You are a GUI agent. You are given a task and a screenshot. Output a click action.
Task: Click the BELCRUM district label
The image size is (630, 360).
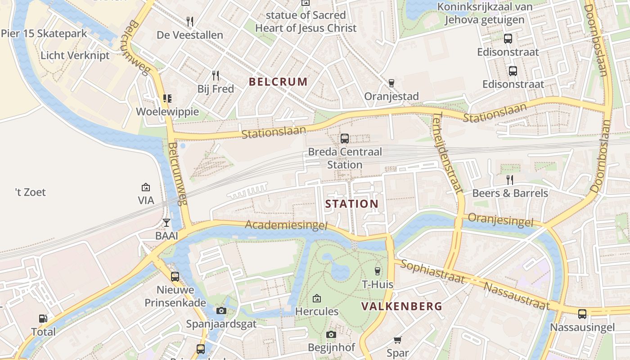(x=278, y=81)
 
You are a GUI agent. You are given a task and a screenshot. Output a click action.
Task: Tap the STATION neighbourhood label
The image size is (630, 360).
(x=351, y=204)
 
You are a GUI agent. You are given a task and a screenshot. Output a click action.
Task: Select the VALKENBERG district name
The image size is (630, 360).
(x=401, y=306)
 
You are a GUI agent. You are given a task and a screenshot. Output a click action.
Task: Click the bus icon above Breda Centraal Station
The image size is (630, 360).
(x=345, y=139)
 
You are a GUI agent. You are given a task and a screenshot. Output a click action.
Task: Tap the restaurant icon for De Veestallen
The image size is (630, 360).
(x=190, y=21)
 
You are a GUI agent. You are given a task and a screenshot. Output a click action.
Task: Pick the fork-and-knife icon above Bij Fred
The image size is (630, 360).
(x=216, y=75)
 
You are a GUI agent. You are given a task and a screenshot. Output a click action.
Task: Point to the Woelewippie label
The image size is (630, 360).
(x=167, y=112)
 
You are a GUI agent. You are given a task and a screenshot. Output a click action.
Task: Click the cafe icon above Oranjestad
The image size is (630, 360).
(x=391, y=83)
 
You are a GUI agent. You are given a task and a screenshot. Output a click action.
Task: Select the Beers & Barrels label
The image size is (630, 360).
(x=510, y=193)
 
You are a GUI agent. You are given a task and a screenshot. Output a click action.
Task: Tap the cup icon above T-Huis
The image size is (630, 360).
(x=378, y=271)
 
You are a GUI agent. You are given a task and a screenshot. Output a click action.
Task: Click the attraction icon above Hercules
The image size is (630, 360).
(x=317, y=298)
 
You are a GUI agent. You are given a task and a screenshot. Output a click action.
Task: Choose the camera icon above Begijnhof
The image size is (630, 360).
(x=331, y=334)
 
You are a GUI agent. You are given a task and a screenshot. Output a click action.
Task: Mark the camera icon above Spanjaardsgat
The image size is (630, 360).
(x=221, y=310)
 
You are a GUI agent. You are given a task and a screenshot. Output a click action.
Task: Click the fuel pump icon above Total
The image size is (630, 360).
(x=43, y=319)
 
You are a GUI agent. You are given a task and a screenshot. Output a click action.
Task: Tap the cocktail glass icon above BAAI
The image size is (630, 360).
(x=166, y=223)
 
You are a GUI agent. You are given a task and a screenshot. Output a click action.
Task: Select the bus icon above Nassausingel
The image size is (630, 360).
(x=582, y=314)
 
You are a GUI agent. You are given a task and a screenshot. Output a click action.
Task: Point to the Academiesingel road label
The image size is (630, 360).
(x=286, y=225)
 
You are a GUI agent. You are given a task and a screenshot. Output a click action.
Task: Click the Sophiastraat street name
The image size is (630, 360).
(x=432, y=271)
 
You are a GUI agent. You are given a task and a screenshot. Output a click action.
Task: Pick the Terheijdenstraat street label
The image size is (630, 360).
(x=448, y=153)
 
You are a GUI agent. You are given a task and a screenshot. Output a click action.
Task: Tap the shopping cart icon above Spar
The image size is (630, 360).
(x=397, y=340)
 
